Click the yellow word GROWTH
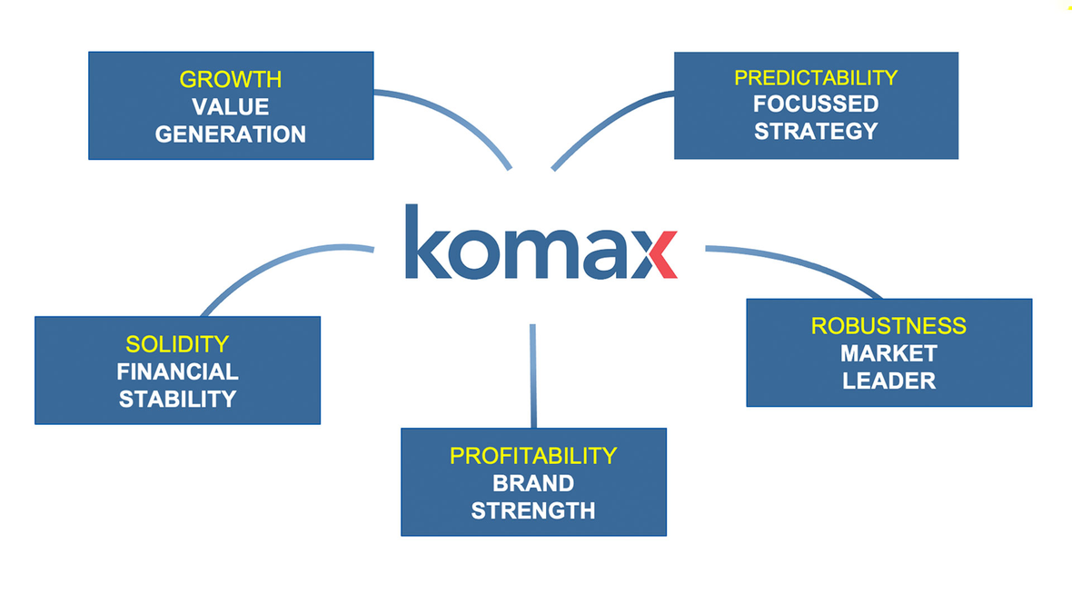click(230, 79)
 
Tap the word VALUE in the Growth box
click(230, 107)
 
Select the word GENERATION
click(230, 134)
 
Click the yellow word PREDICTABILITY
click(815, 77)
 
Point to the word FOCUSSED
click(815, 104)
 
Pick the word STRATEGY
click(815, 131)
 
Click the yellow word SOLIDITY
click(177, 344)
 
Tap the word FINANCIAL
click(177, 371)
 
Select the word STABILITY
click(177, 399)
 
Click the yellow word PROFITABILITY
click(533, 455)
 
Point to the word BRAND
click(533, 482)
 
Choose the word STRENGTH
click(533, 509)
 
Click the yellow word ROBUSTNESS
click(888, 325)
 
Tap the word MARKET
click(888, 352)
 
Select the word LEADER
click(888, 380)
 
